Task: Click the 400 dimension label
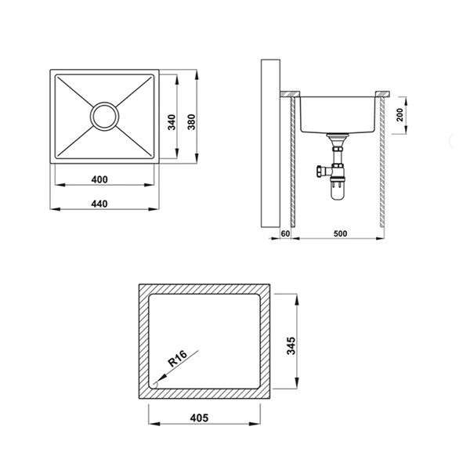99,179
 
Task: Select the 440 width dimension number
99,204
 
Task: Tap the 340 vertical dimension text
172,122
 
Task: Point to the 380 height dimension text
191,122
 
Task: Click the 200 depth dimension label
399,115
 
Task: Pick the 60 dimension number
285,233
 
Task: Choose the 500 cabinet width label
340,233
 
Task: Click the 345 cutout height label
291,345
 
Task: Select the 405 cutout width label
199,418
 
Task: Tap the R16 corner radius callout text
178,359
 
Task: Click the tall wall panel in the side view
270,143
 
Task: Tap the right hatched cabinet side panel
382,162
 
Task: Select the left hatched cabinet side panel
293,162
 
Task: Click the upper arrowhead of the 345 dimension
297,299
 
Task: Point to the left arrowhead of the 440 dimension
56,209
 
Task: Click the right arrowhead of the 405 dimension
255,424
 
